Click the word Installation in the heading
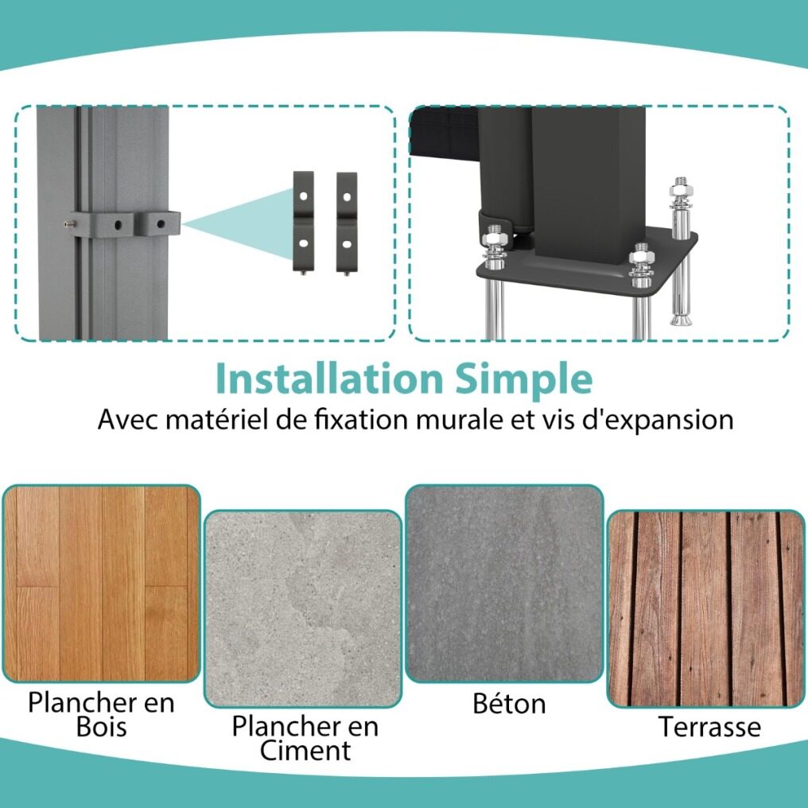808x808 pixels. pos(328,379)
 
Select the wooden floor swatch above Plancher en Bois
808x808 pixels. pos(102,583)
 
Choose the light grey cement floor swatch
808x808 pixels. pos(302,609)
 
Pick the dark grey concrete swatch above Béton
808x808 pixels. pos(504,583)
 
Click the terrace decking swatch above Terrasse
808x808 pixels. pos(706,609)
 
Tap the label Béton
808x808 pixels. pos(509,703)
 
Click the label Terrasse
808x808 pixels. pos(709,727)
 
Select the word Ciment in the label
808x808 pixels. pos(305,750)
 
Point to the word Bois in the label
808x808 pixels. pos(102,727)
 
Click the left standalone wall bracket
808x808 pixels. pos(303,222)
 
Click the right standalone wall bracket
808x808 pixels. pos(346,223)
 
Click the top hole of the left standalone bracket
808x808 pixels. pos(304,196)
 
